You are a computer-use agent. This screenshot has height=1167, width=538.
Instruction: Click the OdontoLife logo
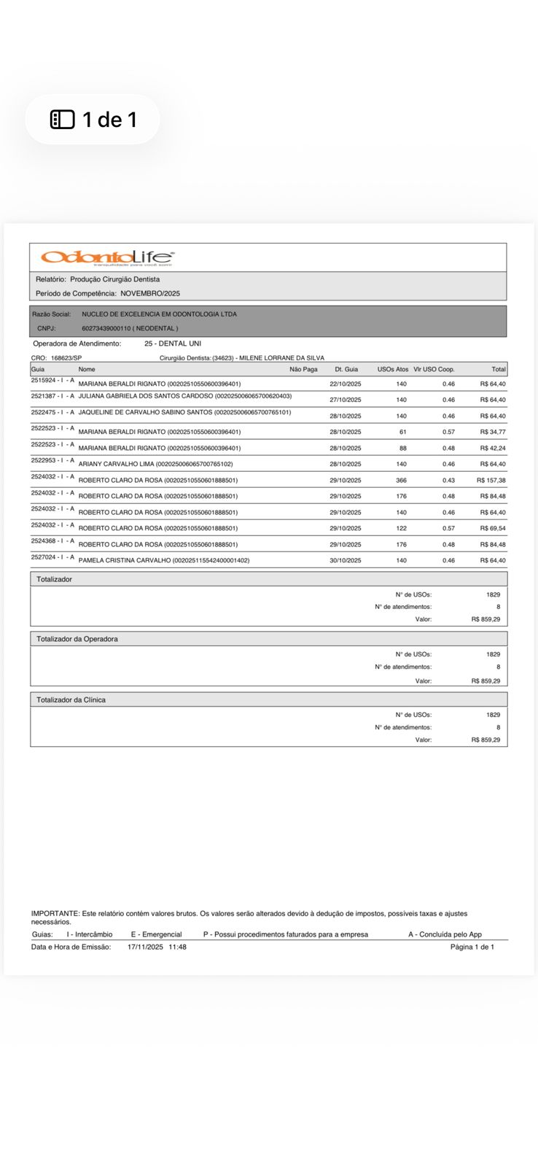point(107,257)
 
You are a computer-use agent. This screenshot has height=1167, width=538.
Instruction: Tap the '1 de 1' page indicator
point(93,119)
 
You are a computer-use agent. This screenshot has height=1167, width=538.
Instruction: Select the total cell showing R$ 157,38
point(491,481)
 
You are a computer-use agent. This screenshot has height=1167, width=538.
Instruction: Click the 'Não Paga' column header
point(303,370)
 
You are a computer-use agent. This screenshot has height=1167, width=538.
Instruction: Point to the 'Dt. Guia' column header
point(346,370)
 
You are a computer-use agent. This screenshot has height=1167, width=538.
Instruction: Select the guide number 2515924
point(43,381)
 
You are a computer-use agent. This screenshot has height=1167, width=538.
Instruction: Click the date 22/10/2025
point(346,384)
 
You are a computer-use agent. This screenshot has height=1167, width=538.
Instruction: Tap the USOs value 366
point(401,481)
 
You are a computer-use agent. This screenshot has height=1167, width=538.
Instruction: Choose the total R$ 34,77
point(492,433)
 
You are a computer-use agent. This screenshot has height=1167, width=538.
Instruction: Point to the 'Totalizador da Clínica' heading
point(71,700)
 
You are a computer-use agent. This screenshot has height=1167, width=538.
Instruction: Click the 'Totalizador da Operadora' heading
point(77,639)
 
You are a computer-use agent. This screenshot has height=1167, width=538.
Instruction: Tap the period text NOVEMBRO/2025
point(150,293)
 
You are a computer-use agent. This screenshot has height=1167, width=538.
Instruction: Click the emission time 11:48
point(177,947)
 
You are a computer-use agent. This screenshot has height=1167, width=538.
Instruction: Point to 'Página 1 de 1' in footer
point(472,947)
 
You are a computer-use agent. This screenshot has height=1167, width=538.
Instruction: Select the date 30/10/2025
point(346,561)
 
